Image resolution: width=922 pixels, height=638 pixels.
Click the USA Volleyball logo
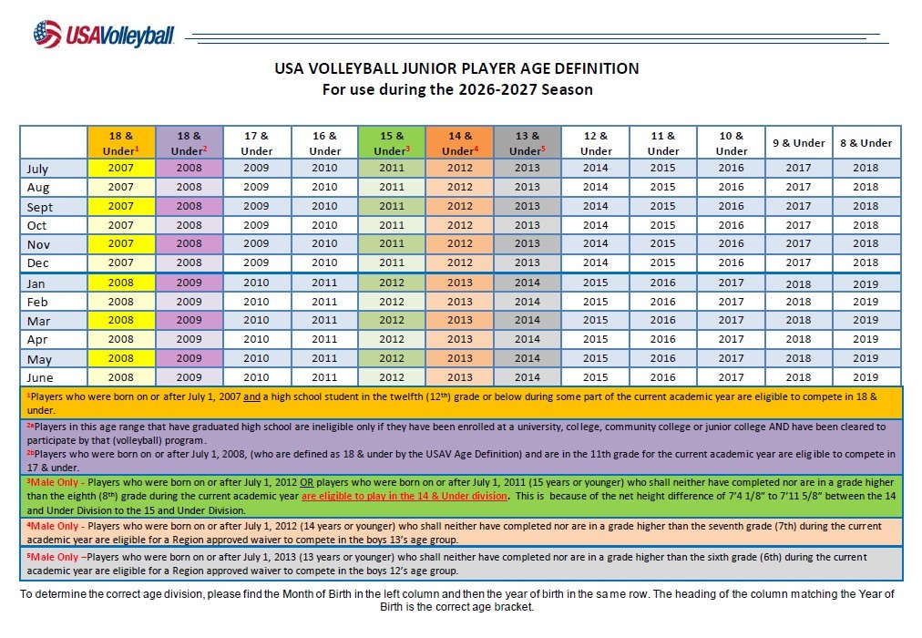pos(104,34)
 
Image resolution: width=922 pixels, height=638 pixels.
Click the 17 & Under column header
pos(257,142)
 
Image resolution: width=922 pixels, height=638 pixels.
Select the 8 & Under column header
pos(866,142)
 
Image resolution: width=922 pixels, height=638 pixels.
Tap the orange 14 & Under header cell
pos(460,142)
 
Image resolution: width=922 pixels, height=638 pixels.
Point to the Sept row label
pos(39,207)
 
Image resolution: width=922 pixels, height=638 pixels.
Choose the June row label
pos(39,377)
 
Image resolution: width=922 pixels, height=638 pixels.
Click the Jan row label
pos(36,283)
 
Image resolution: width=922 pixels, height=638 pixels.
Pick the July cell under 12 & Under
pos(595,168)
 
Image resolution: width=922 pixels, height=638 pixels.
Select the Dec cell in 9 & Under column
pos(798,262)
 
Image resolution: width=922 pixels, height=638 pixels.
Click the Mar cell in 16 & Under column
pos(324,320)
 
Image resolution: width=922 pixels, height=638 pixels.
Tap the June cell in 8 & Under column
pos(866,377)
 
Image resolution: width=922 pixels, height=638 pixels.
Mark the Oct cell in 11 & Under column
pos(662,224)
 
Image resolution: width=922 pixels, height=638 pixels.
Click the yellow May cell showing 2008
pos(121,358)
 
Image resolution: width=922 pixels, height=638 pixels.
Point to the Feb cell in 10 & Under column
pos(731,301)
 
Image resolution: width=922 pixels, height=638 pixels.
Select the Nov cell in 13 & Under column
pos(528,243)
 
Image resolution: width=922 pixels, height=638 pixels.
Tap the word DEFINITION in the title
pos(596,68)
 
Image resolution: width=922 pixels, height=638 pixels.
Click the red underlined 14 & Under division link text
pos(405,496)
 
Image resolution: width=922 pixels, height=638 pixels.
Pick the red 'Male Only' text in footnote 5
pos(53,557)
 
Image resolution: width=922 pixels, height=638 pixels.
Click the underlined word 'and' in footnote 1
pos(251,396)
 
